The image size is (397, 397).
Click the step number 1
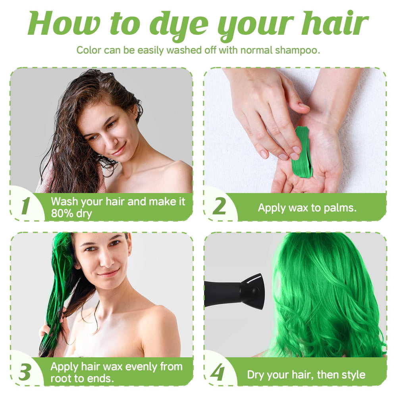25,206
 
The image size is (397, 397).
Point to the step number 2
219,206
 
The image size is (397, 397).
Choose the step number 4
218,372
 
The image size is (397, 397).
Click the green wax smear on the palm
302,152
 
